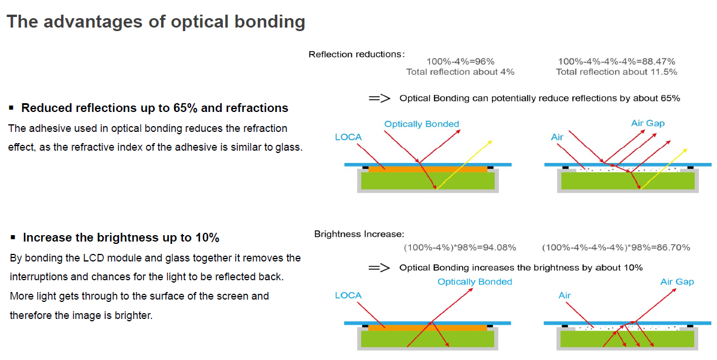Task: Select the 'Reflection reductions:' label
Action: (356, 55)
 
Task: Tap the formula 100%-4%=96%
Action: (460, 62)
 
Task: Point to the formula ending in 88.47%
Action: (616, 62)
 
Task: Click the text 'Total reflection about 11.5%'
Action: (616, 72)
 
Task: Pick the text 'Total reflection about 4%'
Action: (460, 72)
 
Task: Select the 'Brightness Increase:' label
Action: (359, 234)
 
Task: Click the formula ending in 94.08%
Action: (460, 247)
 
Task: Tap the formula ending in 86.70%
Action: (616, 247)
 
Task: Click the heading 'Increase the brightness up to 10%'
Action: (121, 237)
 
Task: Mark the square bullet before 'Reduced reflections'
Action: (11, 108)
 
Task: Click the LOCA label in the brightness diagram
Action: (348, 296)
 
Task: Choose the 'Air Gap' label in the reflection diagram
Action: (648, 123)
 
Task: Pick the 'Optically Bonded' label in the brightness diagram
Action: (475, 282)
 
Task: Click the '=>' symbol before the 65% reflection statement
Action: (379, 99)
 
